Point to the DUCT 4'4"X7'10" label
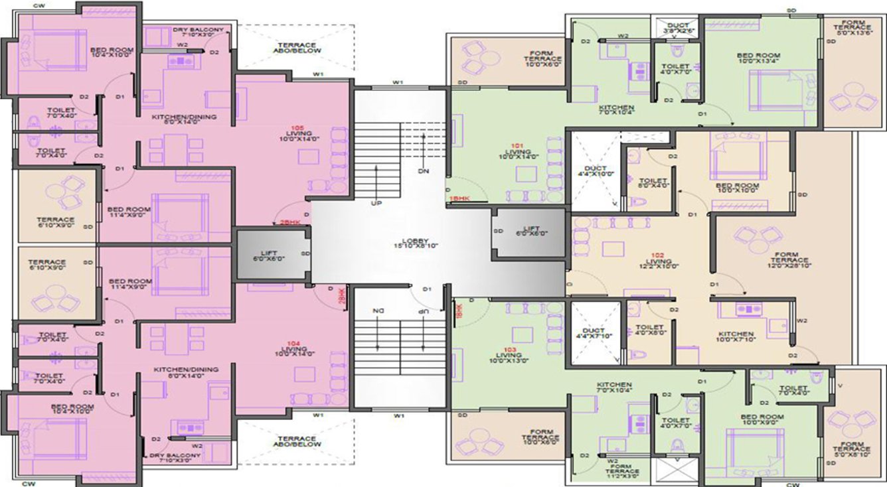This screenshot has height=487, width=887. click(596, 331)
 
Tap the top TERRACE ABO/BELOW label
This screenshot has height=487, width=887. click(297, 48)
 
